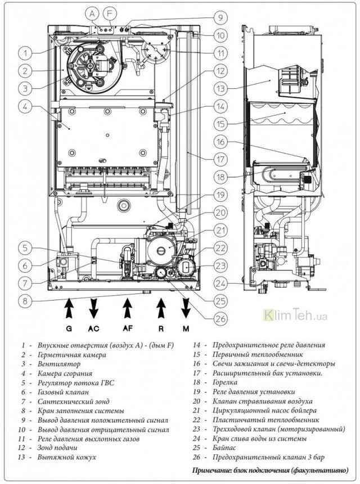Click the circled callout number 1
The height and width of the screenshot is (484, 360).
[x=24, y=53]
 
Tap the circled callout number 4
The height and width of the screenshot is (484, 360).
[x=24, y=106]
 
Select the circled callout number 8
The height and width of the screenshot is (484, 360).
[x=24, y=300]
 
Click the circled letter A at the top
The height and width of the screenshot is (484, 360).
[x=93, y=12]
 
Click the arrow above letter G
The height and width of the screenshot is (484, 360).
[x=69, y=310]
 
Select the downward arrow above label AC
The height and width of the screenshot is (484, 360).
[x=94, y=310]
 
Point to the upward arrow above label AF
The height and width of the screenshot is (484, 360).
[x=128, y=310]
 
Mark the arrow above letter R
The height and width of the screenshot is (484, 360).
[x=161, y=310]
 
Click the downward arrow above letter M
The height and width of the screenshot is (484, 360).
[x=186, y=310]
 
